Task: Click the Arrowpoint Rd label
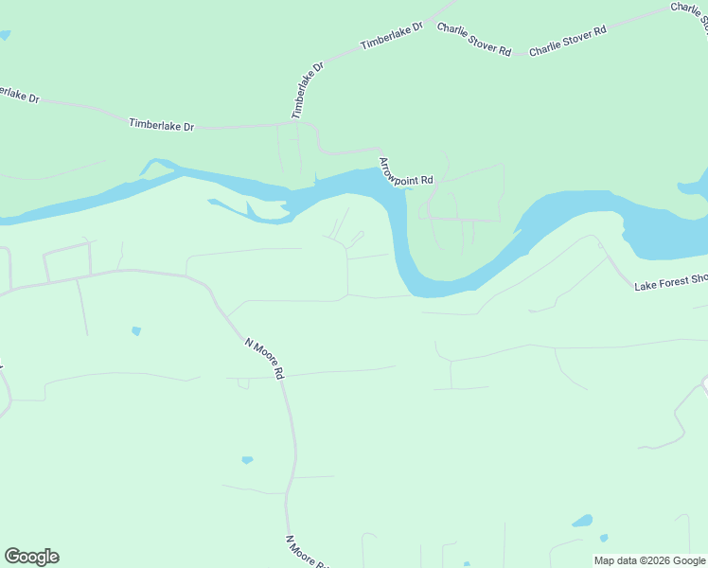[406, 171]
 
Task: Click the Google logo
[31, 557]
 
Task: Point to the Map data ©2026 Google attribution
[649, 560]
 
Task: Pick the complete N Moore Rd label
[265, 358]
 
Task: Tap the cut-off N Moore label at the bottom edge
[306, 552]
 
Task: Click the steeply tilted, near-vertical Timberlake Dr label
[307, 90]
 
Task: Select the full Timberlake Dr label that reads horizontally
[161, 124]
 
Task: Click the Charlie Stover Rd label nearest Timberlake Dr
[474, 38]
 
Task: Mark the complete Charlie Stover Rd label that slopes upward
[567, 42]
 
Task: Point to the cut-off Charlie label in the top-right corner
[689, 11]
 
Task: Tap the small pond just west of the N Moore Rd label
[136, 331]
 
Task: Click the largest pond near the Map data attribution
[582, 521]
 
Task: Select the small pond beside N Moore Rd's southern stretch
[247, 460]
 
